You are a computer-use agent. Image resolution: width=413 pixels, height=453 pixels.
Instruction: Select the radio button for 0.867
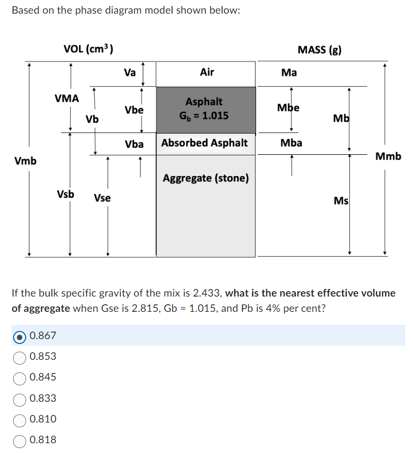20,336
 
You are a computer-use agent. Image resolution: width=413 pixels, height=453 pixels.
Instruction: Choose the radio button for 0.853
20,357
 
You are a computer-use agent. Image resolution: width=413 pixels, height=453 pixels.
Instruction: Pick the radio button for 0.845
20,378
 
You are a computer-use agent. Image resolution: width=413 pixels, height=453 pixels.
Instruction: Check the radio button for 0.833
20,398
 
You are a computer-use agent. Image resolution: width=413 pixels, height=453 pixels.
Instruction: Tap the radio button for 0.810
20,419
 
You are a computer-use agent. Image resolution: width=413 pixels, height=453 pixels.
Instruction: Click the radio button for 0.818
20,440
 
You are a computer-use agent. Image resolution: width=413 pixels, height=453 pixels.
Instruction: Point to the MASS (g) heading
320,50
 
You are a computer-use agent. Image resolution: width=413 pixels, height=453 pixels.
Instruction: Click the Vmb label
26,161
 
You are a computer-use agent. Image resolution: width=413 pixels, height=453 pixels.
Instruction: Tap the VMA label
67,99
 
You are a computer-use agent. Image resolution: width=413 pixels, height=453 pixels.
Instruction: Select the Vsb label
66,194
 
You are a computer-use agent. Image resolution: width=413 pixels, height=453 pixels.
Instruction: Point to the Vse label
102,198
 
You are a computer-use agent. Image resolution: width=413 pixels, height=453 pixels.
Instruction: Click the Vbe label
134,110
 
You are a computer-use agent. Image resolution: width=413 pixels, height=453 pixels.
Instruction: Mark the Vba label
134,144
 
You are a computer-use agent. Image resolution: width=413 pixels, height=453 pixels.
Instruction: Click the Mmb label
388,156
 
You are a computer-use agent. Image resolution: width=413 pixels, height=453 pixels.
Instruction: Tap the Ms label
341,201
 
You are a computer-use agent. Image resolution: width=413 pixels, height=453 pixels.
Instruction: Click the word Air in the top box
207,72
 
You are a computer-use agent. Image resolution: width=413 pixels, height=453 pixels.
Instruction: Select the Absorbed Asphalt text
204,143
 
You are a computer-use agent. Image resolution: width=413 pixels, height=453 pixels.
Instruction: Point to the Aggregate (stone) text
206,178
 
